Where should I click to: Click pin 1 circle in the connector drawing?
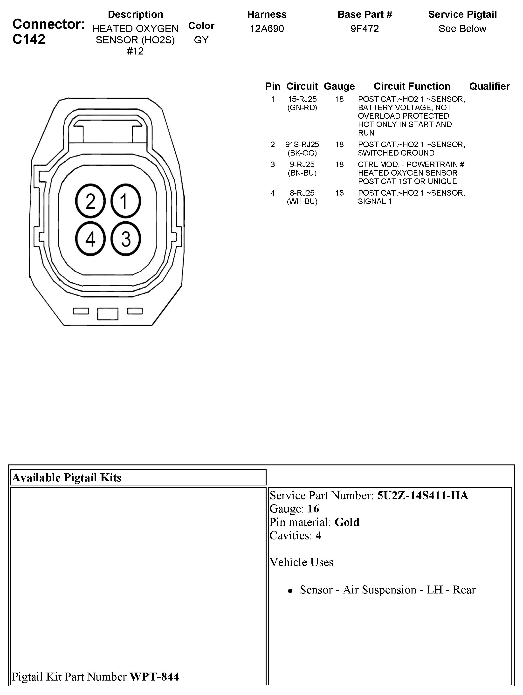pos(125,201)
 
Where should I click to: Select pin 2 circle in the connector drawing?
pos(90,201)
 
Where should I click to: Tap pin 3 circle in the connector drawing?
pos(125,239)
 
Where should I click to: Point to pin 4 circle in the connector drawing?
pos(90,239)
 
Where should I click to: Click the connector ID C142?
pos(29,39)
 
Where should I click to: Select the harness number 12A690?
pos(267,29)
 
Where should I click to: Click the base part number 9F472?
pos(365,29)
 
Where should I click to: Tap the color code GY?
pos(201,40)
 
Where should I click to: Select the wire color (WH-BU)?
pos(302,201)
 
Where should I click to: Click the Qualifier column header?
pos(489,86)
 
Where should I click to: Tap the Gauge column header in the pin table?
pos(339,86)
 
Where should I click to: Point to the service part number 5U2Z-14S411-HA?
pos(422,496)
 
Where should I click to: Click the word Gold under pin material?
pos(347,522)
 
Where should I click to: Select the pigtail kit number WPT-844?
pos(154,676)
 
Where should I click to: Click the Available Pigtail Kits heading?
pos(67,477)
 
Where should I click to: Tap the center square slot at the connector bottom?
pos(108,313)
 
